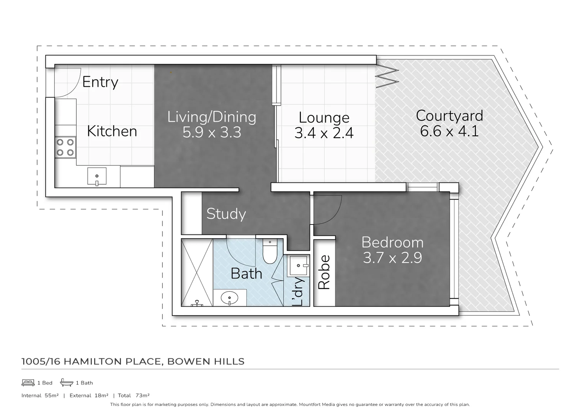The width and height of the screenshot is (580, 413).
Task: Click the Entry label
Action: tap(100, 82)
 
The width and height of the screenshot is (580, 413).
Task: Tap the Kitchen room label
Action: tap(112, 131)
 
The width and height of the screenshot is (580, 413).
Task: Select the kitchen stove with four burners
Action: tap(65, 147)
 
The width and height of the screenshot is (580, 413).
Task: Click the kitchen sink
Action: tap(97, 177)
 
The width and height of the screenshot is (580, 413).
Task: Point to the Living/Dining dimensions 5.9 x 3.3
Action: tap(212, 133)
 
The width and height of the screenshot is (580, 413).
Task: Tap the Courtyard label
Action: tap(449, 115)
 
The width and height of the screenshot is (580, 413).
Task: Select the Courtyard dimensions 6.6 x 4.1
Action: tap(449, 131)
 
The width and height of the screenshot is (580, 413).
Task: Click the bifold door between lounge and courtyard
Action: tap(387, 77)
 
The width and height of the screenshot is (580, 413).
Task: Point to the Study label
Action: tap(226, 214)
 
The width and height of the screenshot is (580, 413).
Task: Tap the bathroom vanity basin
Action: tap(230, 298)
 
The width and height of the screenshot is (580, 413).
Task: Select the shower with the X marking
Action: tap(197, 272)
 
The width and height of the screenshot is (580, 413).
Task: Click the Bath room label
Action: tap(246, 274)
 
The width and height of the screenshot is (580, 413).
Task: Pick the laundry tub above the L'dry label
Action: tap(299, 265)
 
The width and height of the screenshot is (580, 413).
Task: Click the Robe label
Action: tap(324, 272)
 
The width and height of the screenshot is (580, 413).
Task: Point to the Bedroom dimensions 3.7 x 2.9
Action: tap(392, 258)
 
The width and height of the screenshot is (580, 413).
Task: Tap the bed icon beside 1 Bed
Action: tap(28, 382)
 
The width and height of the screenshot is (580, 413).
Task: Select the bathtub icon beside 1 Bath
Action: tap(67, 382)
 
